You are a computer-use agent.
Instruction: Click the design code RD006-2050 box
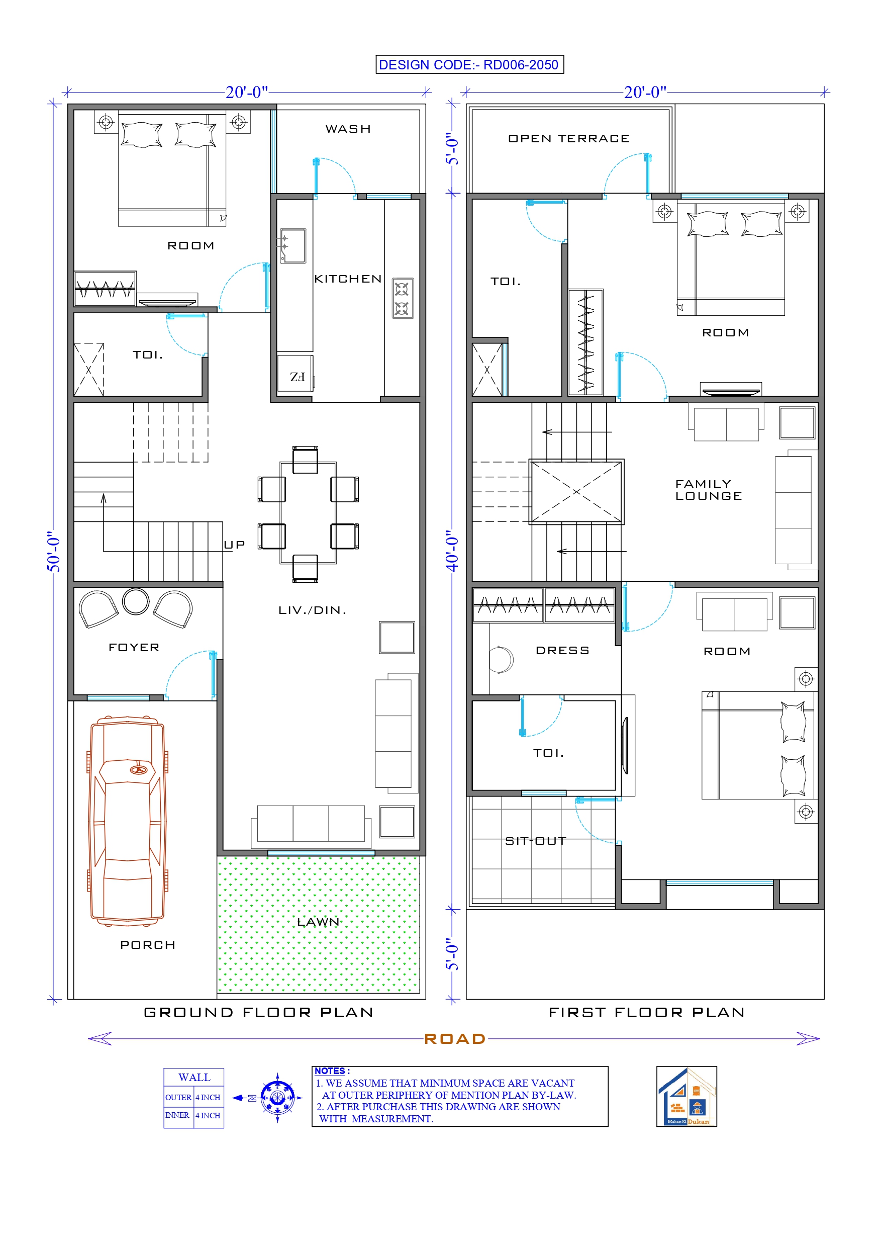tap(469, 65)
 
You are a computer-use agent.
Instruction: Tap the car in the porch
tap(128, 821)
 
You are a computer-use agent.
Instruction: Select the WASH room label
tap(348, 129)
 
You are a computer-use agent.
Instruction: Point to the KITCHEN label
tap(348, 279)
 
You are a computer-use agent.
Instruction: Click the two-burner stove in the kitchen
tap(402, 298)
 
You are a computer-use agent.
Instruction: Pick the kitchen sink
tap(292, 246)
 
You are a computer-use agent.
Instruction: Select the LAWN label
tap(319, 922)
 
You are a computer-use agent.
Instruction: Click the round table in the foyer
tap(135, 601)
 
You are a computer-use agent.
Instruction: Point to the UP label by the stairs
tap(235, 545)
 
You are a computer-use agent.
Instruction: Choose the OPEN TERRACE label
tap(568, 139)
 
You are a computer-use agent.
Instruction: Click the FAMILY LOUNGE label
tap(708, 490)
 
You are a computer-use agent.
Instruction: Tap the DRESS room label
tap(562, 651)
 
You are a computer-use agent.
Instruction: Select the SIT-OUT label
tap(536, 841)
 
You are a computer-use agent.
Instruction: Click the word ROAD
tap(455, 1039)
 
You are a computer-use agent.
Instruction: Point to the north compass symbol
tap(277, 1098)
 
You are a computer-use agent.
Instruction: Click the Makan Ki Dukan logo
tap(687, 1096)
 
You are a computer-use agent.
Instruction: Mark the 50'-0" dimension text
tap(53, 552)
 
